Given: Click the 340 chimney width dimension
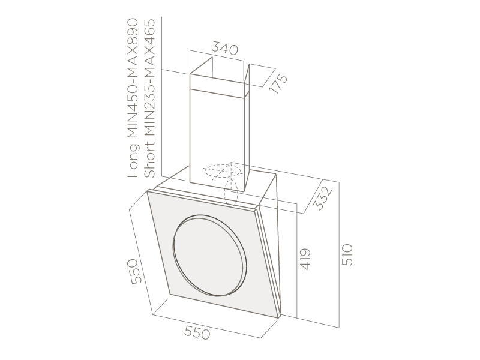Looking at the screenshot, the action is (224, 49).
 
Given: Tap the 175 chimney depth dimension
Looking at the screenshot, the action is (278, 83).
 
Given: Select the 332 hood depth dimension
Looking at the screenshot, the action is (323, 199).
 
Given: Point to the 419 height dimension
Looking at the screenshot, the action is (305, 259).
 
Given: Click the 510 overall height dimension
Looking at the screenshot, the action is (347, 254).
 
